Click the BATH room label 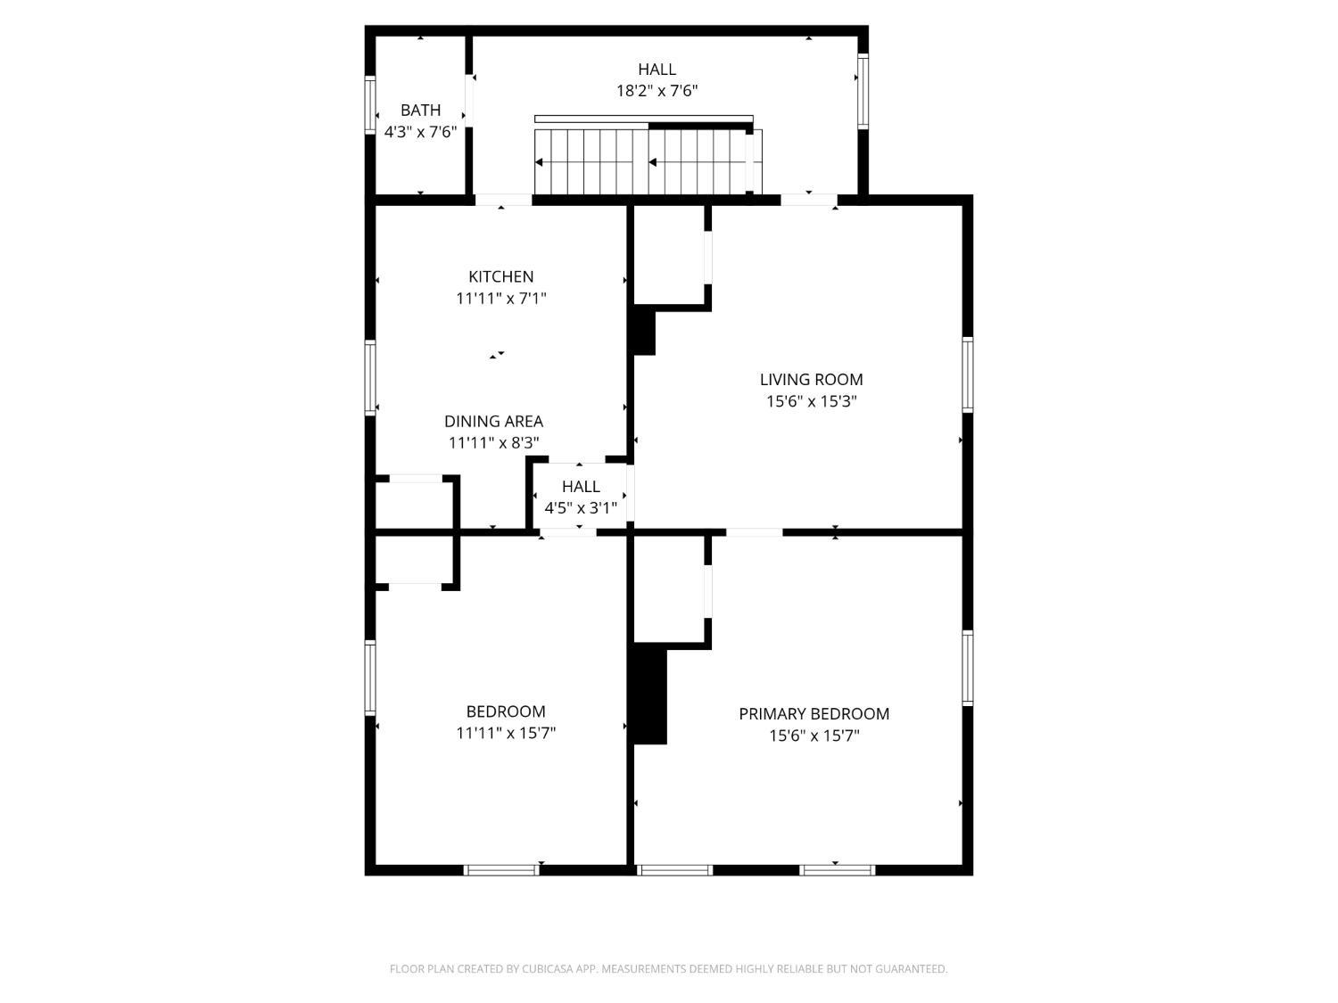tap(420, 111)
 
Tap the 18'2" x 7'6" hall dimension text tap(657, 91)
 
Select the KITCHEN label tap(500, 276)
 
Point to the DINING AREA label tap(493, 421)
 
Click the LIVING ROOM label tap(811, 380)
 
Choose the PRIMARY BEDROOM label tap(814, 714)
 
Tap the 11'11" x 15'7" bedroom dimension tap(506, 733)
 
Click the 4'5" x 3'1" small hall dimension tap(581, 508)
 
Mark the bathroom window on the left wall tap(369, 104)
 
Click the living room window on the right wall tap(968, 374)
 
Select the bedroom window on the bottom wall tap(501, 870)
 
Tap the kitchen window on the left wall tap(369, 377)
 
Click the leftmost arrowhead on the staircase tap(539, 162)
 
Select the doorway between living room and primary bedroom tap(754, 532)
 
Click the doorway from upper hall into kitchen tap(503, 200)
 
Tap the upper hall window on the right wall tap(863, 91)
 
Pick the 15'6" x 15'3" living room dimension tap(812, 401)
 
